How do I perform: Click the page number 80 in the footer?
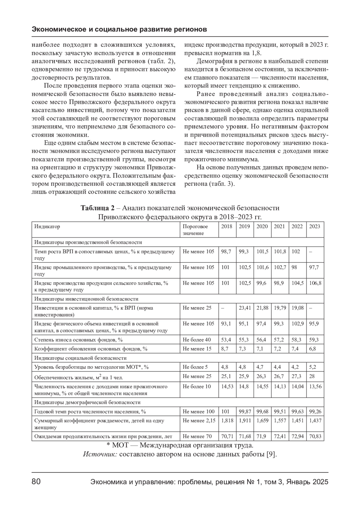(36, 482)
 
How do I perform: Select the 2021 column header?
(279, 227)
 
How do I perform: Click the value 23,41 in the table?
(244, 308)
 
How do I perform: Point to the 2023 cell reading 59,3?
(314, 340)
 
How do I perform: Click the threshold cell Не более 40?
(196, 340)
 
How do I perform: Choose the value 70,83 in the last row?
(315, 436)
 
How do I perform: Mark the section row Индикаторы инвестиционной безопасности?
(86, 299)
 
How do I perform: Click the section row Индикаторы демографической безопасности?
(87, 403)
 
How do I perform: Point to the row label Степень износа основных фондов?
(78, 340)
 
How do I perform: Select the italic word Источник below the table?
(100, 454)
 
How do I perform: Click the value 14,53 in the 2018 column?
(227, 387)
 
